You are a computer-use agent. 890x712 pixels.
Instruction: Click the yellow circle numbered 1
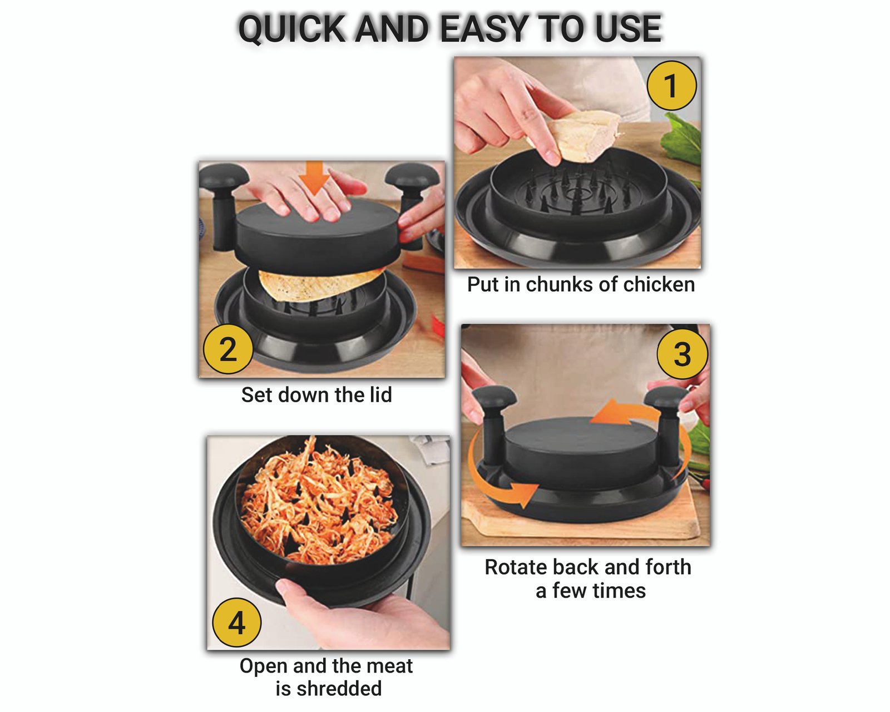[671, 86]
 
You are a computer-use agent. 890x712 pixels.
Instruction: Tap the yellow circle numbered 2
[228, 349]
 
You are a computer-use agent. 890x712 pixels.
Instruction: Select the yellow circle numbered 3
[683, 354]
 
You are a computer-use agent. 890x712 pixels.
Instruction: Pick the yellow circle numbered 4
[236, 622]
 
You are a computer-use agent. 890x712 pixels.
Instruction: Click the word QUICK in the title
[292, 28]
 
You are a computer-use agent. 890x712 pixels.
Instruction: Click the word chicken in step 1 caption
[659, 285]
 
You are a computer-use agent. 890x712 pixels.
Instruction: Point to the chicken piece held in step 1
[577, 136]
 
